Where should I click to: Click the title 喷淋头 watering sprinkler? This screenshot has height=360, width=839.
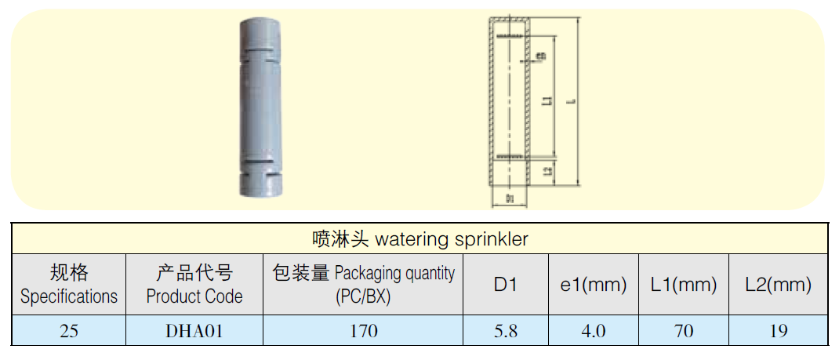coord(419,238)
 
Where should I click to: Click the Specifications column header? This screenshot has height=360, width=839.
coord(69,284)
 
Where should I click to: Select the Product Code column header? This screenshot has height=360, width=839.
coord(194,284)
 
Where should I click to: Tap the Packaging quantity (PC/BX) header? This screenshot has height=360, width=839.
coord(363,284)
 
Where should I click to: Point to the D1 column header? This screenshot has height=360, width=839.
coord(506,285)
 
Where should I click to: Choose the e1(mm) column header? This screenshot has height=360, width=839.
coord(594,285)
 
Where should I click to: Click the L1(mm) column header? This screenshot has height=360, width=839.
coord(684,285)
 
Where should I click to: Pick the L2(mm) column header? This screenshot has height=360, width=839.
coord(778,285)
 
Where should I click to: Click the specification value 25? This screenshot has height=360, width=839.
coord(69,331)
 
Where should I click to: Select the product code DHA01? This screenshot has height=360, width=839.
coord(194,331)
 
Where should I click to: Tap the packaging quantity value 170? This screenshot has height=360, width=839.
coord(363,331)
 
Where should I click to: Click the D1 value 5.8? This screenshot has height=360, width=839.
coord(506,331)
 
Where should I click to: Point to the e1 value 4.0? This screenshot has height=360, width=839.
coord(594,331)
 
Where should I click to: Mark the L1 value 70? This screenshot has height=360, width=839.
coord(684,331)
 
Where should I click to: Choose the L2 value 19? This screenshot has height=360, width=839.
coord(778,331)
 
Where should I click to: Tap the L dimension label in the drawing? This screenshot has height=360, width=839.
coord(571,100)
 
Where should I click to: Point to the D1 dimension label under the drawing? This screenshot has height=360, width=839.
coord(509,199)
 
